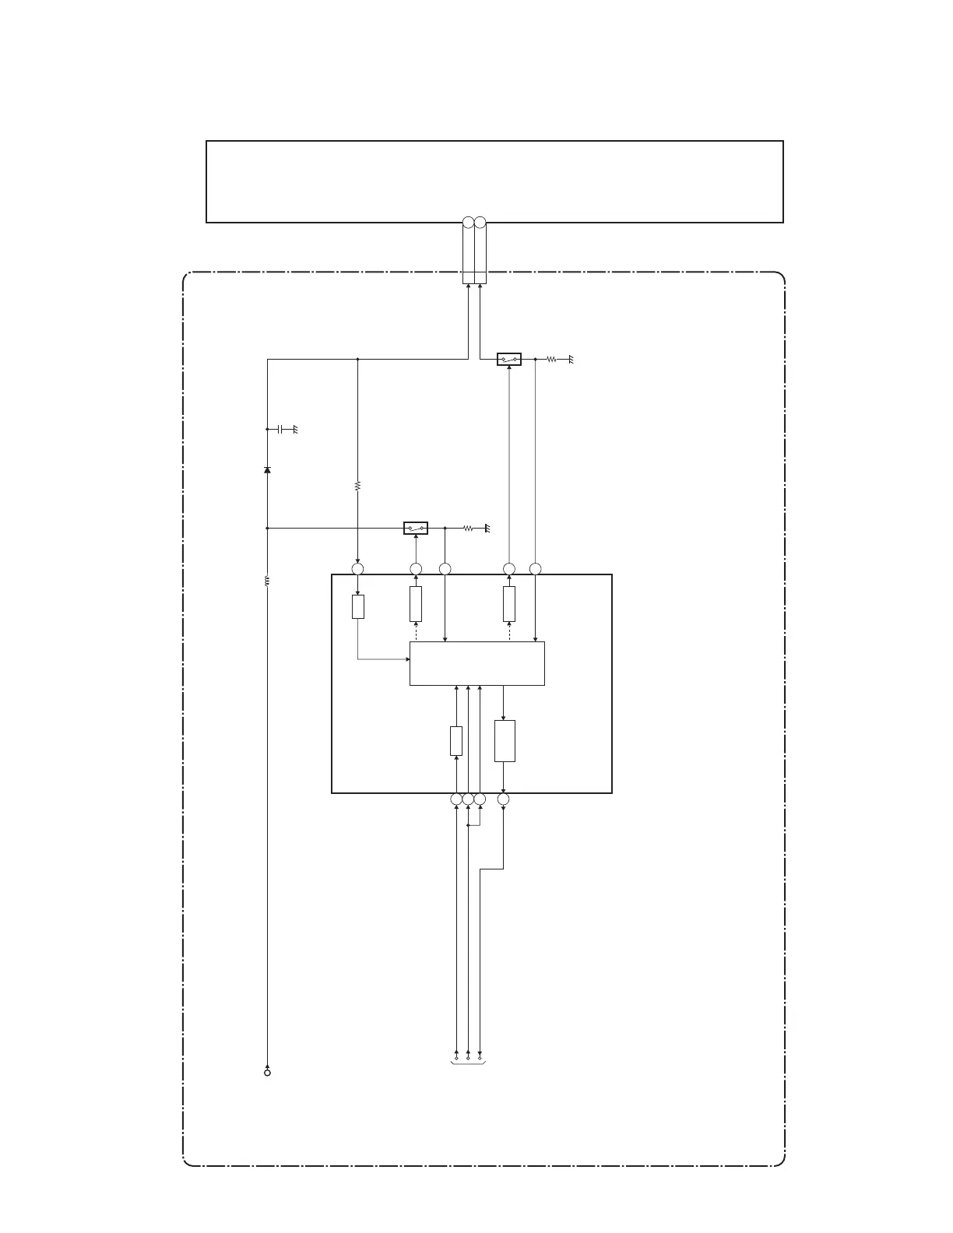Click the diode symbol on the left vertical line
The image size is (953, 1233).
(x=267, y=470)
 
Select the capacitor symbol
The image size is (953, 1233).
(x=280, y=429)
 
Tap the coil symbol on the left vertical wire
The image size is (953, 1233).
(x=267, y=581)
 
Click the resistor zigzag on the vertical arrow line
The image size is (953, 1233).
(x=357, y=486)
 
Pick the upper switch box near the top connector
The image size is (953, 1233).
(x=508, y=360)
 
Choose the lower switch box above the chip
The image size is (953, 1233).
(x=416, y=529)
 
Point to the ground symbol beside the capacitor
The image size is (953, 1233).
(x=295, y=429)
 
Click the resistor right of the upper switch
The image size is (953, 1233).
(x=550, y=360)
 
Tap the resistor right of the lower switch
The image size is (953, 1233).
(x=468, y=529)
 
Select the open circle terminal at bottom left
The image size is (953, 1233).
(x=267, y=1073)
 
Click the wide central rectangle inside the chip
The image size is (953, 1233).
(x=476, y=663)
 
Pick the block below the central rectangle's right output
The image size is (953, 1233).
(x=505, y=741)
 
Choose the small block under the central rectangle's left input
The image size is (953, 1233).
(x=456, y=740)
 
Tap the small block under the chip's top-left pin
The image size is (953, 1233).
(x=357, y=606)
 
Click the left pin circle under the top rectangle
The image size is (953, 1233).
(x=468, y=223)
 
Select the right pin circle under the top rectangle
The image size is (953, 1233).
(x=480, y=223)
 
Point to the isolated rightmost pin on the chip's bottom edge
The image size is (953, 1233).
(x=503, y=799)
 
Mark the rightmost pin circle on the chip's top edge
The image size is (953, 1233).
(x=535, y=569)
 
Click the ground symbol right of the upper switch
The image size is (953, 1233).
(x=571, y=360)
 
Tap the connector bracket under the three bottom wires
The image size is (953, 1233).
(x=468, y=1062)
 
